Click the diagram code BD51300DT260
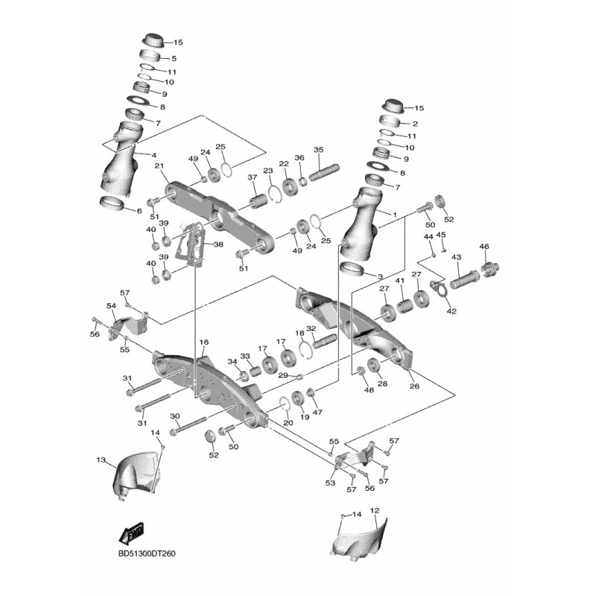147,554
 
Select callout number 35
319,150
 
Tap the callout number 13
101,460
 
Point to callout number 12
375,510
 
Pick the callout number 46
484,247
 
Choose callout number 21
159,165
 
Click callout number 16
204,342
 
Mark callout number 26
415,386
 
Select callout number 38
218,244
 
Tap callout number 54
111,305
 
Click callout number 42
451,311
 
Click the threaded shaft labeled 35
325,172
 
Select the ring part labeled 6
112,203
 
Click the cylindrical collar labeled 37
259,200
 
